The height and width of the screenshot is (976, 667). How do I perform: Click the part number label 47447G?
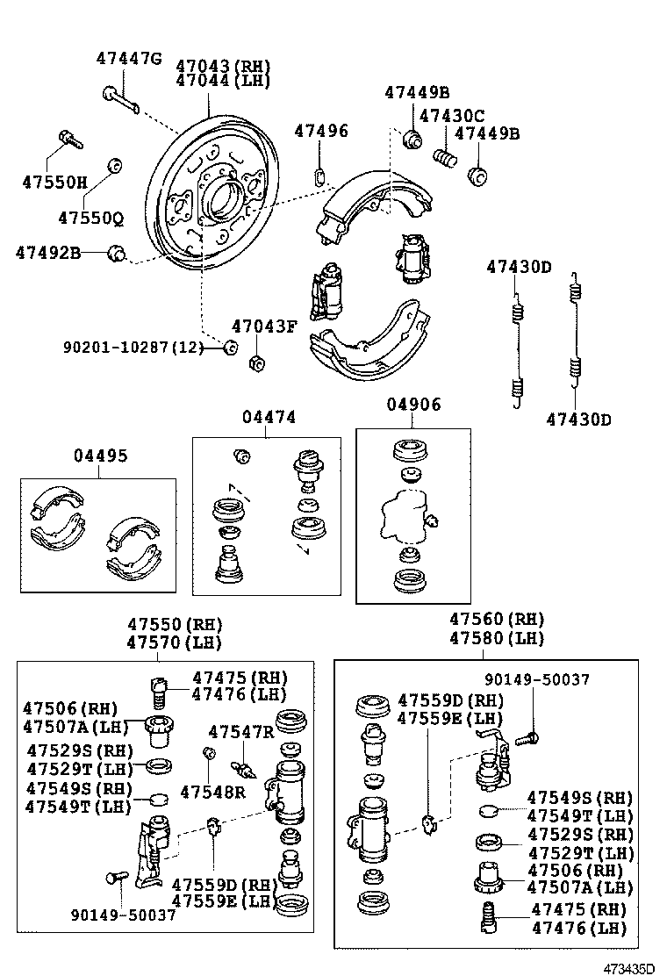(129, 59)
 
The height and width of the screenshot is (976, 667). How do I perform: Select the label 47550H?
(55, 183)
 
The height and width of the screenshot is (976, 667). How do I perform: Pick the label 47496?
(320, 131)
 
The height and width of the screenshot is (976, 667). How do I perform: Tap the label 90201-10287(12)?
(133, 348)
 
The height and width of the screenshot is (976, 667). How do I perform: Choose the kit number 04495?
(100, 456)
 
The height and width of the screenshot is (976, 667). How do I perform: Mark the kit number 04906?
(414, 405)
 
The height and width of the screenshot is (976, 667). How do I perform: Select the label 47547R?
(240, 731)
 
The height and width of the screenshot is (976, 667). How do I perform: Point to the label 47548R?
(212, 792)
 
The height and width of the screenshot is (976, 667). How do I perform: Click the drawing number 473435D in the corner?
(628, 966)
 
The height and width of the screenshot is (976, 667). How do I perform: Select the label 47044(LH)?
(223, 80)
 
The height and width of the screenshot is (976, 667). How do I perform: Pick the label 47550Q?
(91, 217)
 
